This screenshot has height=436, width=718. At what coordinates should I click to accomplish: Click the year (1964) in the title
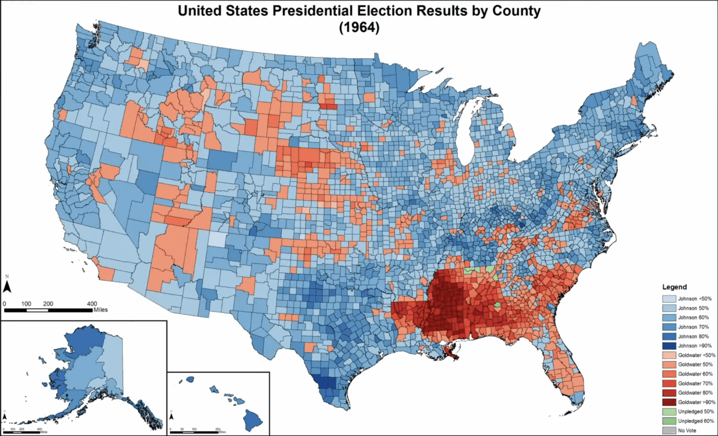tap(359, 28)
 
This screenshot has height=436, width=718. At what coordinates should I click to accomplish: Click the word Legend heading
tap(675, 287)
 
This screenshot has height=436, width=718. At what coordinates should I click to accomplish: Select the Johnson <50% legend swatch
tap(669, 299)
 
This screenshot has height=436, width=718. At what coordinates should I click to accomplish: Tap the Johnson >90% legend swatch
tap(669, 346)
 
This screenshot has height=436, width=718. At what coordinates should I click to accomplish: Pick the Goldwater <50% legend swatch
tap(669, 355)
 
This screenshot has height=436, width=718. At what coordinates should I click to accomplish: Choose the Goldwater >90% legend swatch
tap(669, 402)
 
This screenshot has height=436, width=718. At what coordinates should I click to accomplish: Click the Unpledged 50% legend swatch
tap(669, 412)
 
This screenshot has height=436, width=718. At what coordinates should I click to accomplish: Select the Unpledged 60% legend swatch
tap(669, 421)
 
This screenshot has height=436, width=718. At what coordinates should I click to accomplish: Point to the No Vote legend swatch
tap(669, 430)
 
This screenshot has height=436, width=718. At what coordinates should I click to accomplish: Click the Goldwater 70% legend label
tap(695, 384)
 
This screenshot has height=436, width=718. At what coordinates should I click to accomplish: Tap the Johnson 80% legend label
tap(693, 336)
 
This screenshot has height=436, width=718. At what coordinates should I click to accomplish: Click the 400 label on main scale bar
tap(92, 304)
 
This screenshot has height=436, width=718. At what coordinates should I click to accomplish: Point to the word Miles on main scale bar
tap(101, 310)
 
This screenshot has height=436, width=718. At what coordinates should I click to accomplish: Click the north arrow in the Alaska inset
tap(5, 415)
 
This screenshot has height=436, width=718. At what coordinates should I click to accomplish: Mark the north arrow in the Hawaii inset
tap(172, 415)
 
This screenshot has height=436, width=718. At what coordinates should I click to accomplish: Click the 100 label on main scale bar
tap(26, 304)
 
